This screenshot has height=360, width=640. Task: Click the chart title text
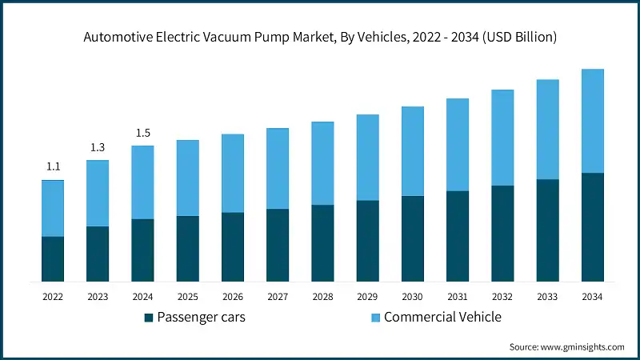[320, 38]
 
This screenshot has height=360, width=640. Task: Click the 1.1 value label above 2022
[53, 167]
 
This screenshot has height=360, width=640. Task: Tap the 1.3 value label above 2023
[98, 147]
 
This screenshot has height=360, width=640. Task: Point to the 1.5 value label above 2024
[142, 133]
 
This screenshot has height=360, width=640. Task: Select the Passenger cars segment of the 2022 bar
[53, 258]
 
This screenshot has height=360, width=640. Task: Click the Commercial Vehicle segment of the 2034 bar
[592, 121]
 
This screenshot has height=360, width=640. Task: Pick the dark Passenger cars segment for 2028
[322, 243]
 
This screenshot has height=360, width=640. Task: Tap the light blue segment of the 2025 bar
[187, 178]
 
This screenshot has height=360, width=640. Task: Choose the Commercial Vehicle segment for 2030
[412, 151]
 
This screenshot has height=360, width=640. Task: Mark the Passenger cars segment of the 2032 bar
[502, 234]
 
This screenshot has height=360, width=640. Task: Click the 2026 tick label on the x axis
[232, 297]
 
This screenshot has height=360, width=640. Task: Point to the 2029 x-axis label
[367, 297]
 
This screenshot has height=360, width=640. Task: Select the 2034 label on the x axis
[592, 297]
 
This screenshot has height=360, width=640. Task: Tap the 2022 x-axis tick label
[53, 297]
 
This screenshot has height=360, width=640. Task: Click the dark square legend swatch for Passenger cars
[148, 318]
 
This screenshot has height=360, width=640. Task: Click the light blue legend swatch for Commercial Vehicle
[375, 318]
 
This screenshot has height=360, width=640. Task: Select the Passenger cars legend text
[201, 318]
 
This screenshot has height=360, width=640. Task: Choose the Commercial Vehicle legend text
[442, 318]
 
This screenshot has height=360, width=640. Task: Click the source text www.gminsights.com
[566, 347]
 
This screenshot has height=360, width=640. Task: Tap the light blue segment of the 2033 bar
[547, 130]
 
